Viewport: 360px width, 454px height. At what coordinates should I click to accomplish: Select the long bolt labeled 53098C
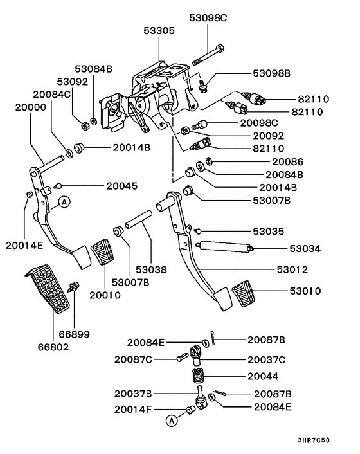213,57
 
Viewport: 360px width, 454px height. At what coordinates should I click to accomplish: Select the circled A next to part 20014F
171,421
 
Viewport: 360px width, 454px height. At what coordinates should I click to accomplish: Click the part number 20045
122,186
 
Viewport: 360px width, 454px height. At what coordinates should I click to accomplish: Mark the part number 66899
75,334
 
